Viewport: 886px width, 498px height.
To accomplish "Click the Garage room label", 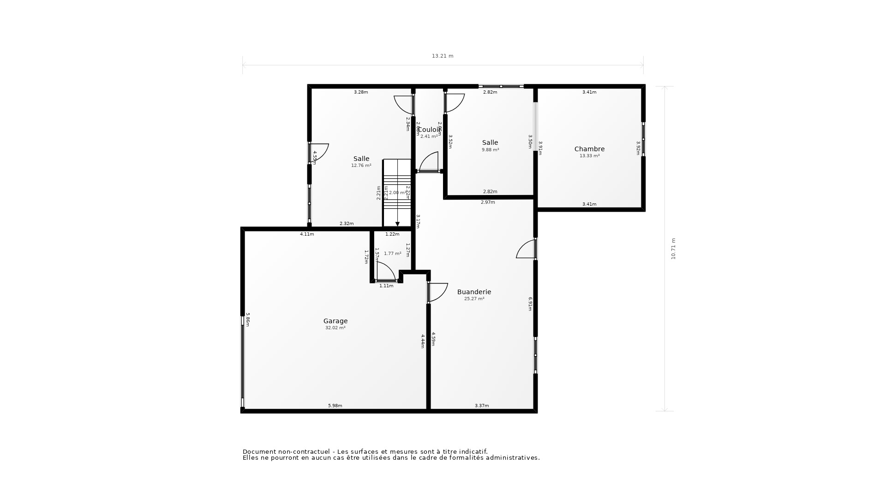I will pos(335,321).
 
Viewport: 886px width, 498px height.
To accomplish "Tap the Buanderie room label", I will pos(474,292).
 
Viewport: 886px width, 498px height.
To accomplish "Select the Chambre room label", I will pos(589,149).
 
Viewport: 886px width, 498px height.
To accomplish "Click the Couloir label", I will pos(429,130).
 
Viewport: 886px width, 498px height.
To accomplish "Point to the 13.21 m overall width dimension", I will pos(443,56).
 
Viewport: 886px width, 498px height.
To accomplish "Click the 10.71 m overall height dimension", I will pos(673,249).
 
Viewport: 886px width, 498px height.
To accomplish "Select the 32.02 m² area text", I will pos(335,328).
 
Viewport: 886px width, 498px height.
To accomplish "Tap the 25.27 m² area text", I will pos(474,299).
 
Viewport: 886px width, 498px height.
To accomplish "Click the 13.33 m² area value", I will pos(589,156).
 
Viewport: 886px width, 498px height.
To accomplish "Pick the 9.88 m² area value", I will pos(490,150).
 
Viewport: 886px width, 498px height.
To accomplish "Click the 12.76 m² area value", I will pos(361,166).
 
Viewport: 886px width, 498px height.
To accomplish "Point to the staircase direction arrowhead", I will pos(397,224).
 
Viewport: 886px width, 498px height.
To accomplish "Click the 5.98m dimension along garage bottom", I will pos(335,406).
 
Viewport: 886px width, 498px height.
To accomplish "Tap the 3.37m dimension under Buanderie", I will pos(482,406).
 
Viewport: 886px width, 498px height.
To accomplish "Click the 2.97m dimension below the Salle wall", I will pos(488,202).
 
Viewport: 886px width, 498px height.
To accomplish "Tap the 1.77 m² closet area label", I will pos(392,254).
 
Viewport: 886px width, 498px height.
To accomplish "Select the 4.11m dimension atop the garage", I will pos(307,234).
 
